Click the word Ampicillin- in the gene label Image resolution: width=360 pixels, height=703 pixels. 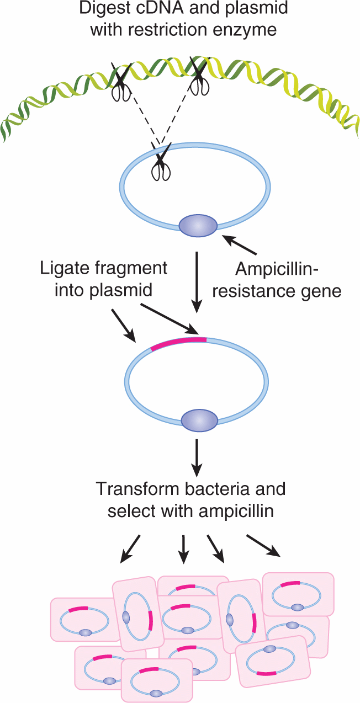coord(276,270)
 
